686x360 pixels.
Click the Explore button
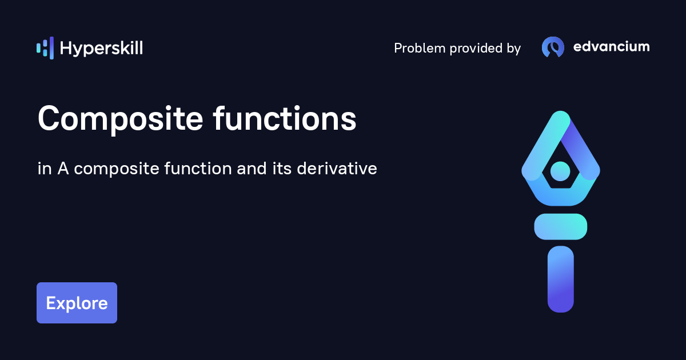[x=77, y=303]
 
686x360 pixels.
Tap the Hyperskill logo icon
[x=45, y=48]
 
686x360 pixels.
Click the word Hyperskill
[x=101, y=48]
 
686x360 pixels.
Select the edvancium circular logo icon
[x=553, y=47]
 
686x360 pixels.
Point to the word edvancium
[x=611, y=47]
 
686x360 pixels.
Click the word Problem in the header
[x=420, y=49]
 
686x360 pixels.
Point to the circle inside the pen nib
[x=560, y=170]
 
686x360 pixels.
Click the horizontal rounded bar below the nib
[x=560, y=226]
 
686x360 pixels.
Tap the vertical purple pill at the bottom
[x=560, y=279]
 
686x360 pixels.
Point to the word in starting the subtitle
[x=43, y=169]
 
